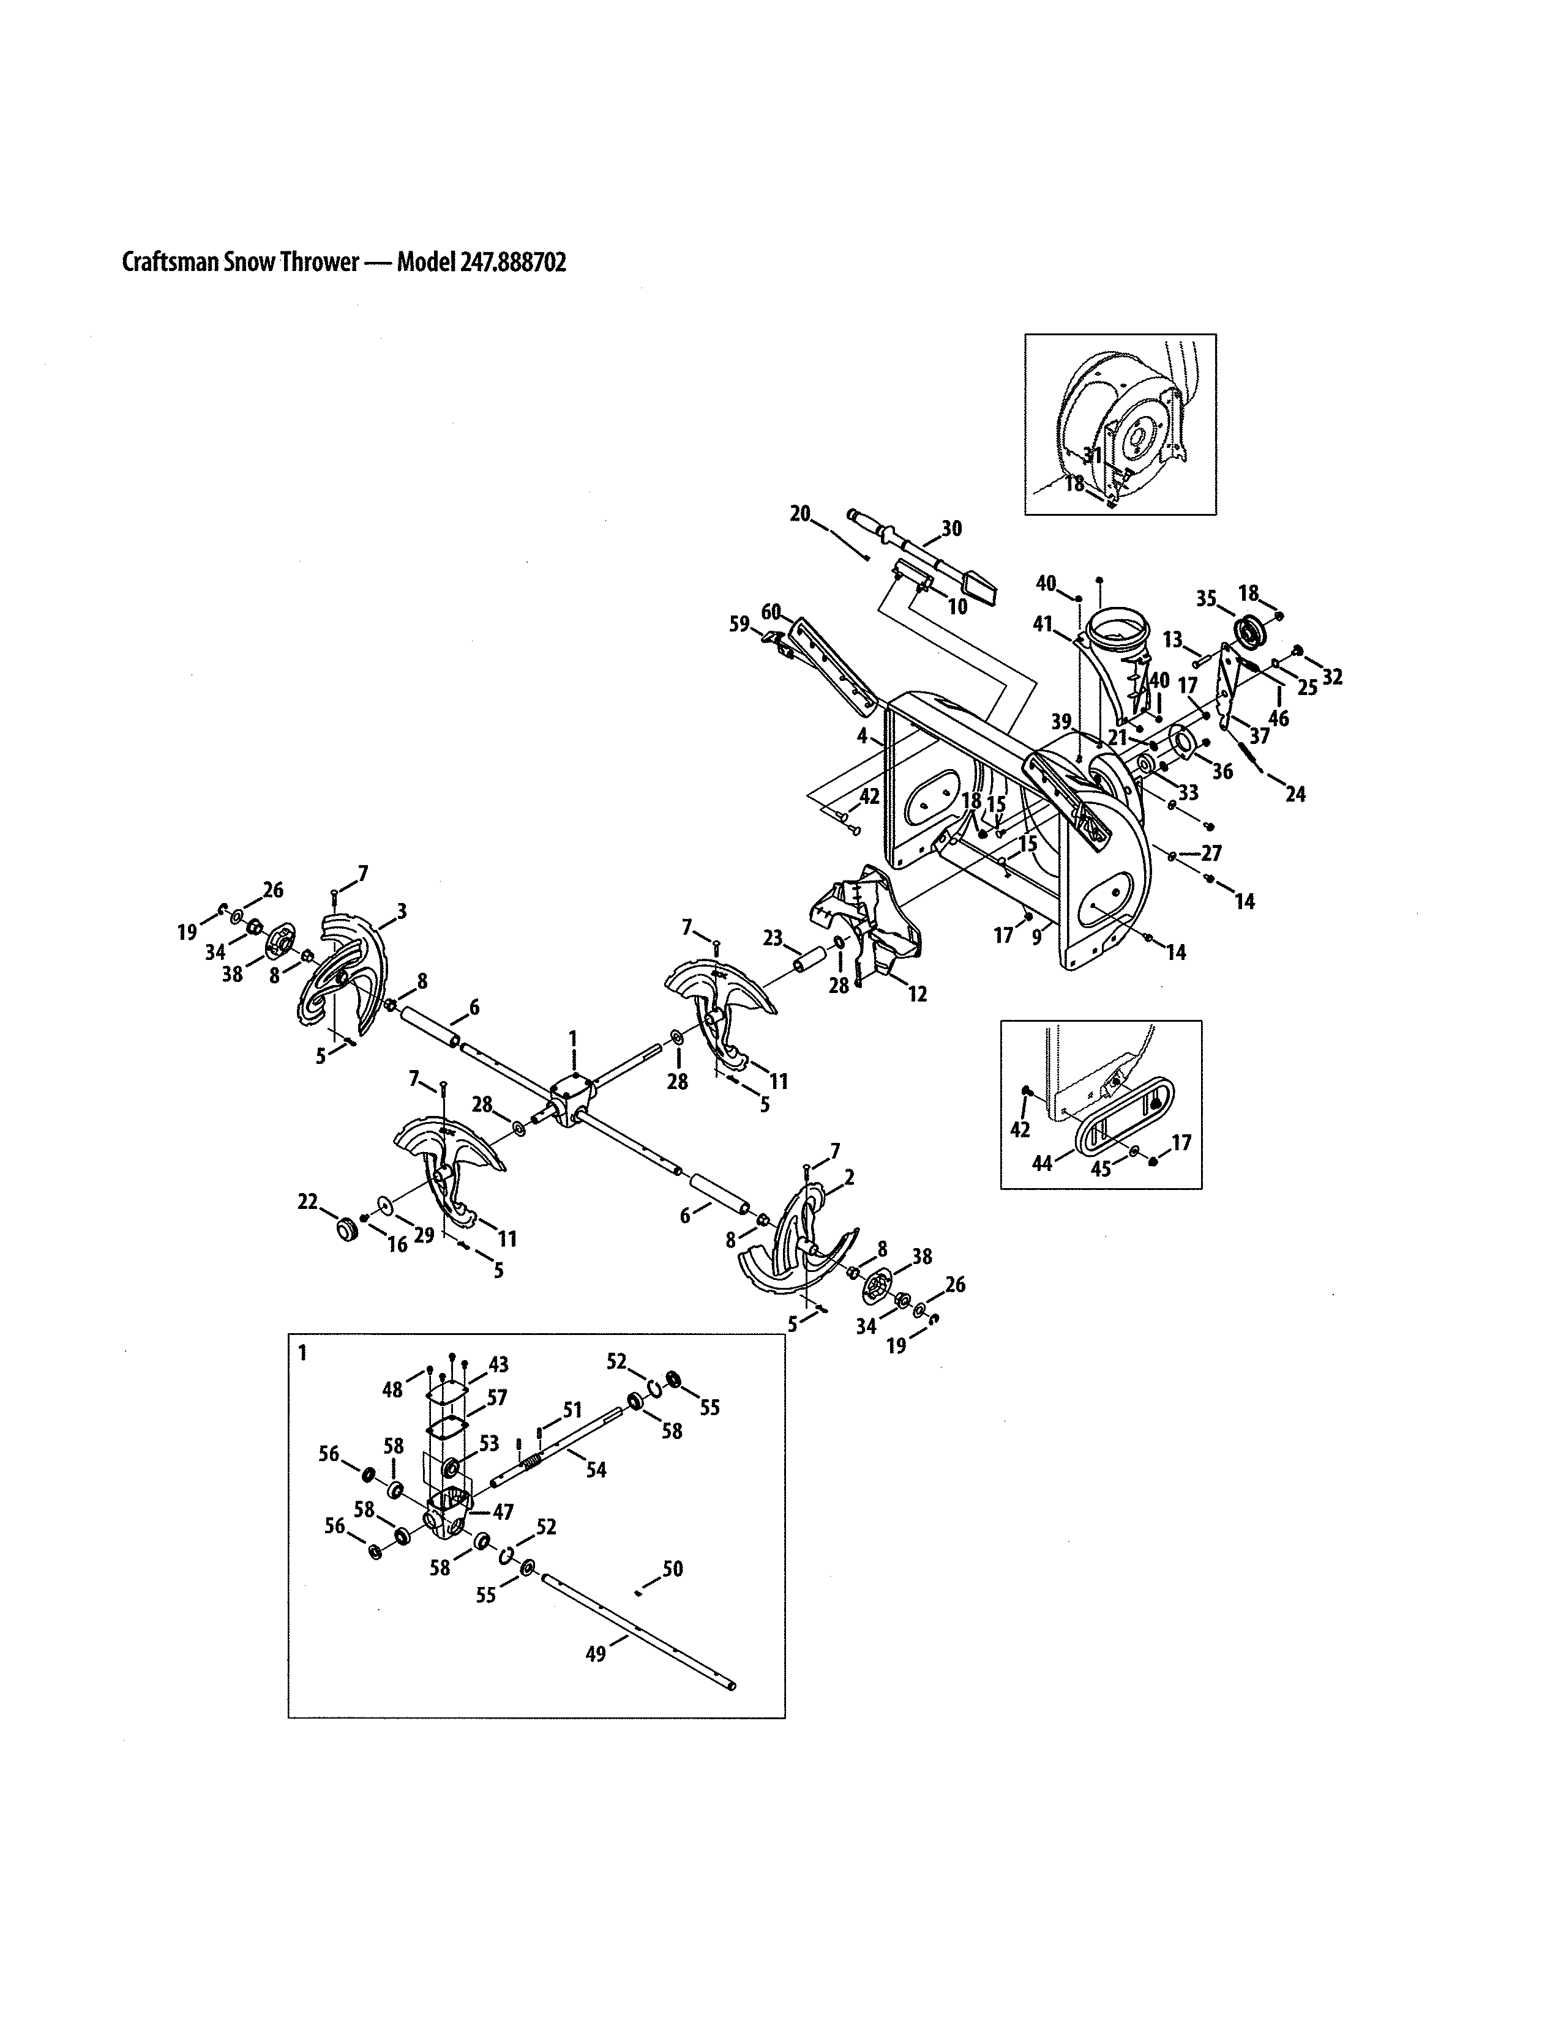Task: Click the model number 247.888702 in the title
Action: coord(507,262)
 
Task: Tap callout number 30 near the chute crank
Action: coord(951,528)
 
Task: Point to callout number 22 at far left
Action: coord(307,1202)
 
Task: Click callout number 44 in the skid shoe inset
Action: coord(1043,1164)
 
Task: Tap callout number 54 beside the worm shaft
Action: coord(596,1469)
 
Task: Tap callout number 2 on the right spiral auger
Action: coord(849,1178)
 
